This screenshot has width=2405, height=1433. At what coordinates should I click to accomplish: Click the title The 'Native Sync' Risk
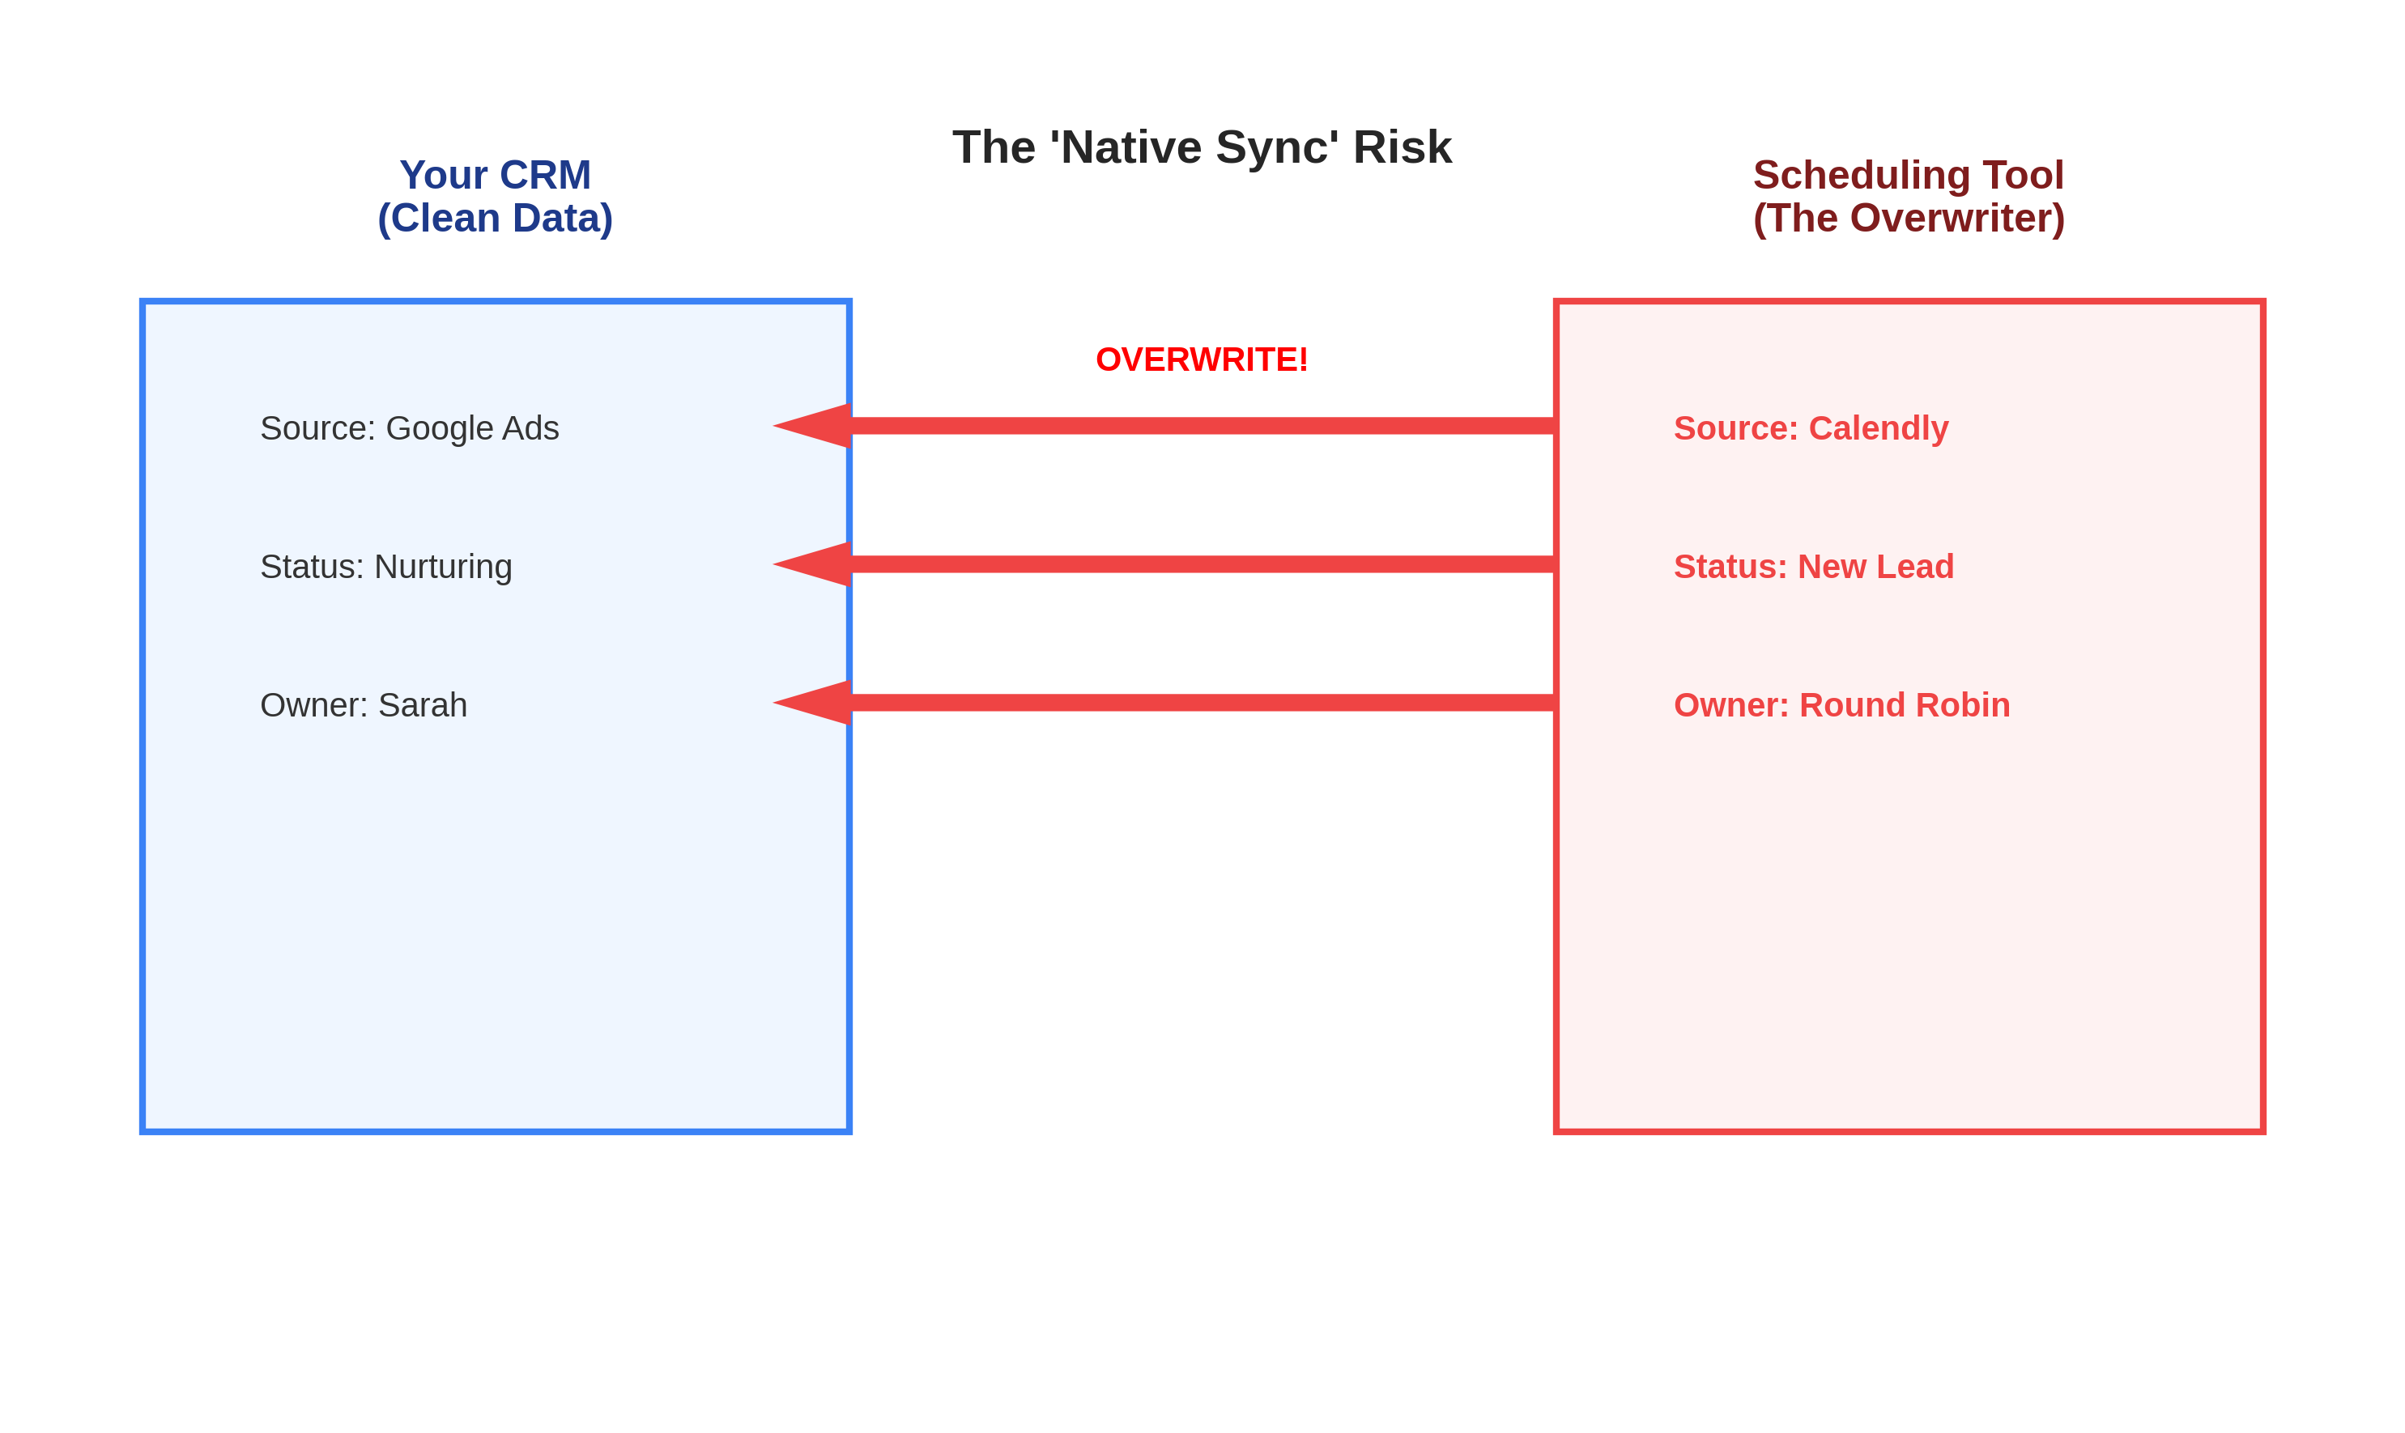click(x=1202, y=147)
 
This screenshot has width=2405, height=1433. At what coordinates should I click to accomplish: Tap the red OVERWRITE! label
click(x=1202, y=359)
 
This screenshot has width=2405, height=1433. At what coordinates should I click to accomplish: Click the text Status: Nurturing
click(x=385, y=566)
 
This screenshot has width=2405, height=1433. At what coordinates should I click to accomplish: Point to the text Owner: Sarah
click(x=363, y=705)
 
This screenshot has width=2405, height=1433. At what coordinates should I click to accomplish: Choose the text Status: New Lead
click(x=1813, y=566)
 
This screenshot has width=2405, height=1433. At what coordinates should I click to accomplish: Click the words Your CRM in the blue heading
click(x=495, y=175)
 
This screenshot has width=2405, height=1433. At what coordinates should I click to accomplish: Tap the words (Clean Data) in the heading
click(x=495, y=219)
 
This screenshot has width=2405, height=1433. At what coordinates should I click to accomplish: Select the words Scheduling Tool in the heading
click(x=1909, y=175)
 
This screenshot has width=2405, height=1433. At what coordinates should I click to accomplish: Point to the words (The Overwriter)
click(x=1909, y=219)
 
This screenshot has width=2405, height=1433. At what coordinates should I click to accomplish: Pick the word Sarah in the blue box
click(x=422, y=705)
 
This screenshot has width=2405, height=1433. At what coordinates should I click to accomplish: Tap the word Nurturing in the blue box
click(x=442, y=566)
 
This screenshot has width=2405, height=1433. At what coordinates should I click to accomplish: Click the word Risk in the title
click(x=1402, y=147)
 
